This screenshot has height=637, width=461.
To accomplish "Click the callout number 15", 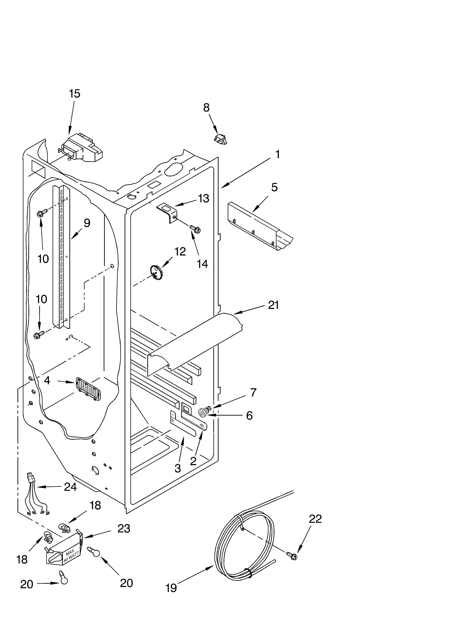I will point(75,94).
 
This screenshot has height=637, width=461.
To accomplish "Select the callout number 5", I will point(274,187).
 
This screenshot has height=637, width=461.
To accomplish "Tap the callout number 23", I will point(124,529).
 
